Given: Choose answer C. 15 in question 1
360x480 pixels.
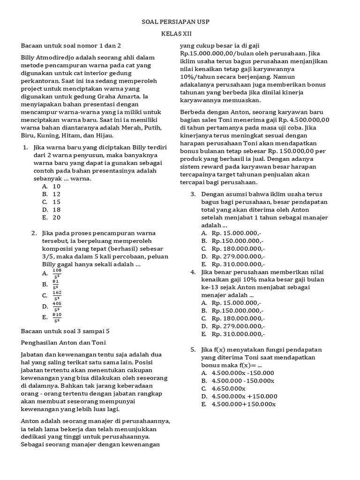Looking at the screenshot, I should [52, 202].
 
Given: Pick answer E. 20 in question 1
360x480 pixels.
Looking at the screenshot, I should [52, 217].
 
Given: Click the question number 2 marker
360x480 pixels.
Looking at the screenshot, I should [34, 233].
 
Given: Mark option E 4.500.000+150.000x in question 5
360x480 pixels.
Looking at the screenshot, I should [239, 404].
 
